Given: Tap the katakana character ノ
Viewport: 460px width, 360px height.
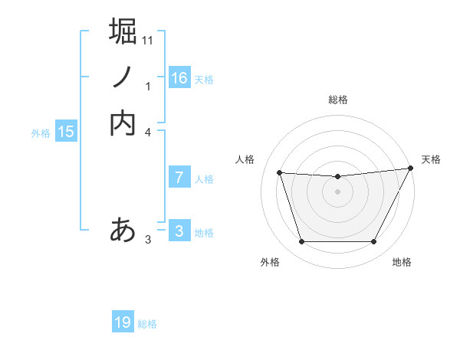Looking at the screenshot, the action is click(123, 77).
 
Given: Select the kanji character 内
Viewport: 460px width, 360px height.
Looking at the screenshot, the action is click(123, 123).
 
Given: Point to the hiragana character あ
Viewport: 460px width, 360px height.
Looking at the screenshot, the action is click(123, 229).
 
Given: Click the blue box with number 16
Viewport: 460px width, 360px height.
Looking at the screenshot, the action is click(179, 78).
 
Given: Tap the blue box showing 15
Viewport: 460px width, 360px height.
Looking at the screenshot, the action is click(66, 132).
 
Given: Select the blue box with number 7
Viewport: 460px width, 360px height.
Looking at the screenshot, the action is click(179, 178).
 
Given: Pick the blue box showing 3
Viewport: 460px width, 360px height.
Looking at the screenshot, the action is click(179, 231).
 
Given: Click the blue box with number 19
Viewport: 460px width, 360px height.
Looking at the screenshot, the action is click(123, 322).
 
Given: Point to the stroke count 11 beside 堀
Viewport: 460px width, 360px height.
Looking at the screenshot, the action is click(148, 39).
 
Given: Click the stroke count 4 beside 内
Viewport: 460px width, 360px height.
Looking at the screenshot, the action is click(148, 132).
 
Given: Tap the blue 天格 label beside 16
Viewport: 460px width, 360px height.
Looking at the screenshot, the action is click(204, 80).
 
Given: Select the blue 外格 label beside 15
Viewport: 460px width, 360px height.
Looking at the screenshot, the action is click(41, 133).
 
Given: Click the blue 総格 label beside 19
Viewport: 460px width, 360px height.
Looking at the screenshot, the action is click(147, 324).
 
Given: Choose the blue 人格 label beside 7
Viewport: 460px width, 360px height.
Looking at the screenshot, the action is click(204, 179).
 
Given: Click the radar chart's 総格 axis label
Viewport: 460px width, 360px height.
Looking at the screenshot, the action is click(338, 100).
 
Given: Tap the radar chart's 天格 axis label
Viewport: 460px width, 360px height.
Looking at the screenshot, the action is click(431, 159).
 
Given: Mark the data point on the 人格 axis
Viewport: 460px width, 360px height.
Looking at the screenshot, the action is click(280, 173).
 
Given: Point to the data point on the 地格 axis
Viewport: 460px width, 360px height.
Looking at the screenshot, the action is click(374, 242).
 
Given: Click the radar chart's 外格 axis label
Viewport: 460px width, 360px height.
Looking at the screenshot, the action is click(270, 263).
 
